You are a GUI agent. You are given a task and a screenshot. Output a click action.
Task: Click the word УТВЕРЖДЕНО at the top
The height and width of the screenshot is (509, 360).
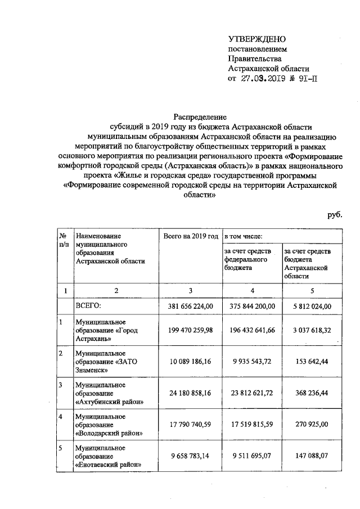tap(257, 39)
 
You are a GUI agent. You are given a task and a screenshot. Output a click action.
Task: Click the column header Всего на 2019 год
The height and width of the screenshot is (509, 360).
tap(190, 237)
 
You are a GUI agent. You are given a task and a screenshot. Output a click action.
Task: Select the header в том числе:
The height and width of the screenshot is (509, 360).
tap(244, 237)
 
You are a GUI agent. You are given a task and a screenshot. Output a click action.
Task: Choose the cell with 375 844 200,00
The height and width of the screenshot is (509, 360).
tap(253, 306)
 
